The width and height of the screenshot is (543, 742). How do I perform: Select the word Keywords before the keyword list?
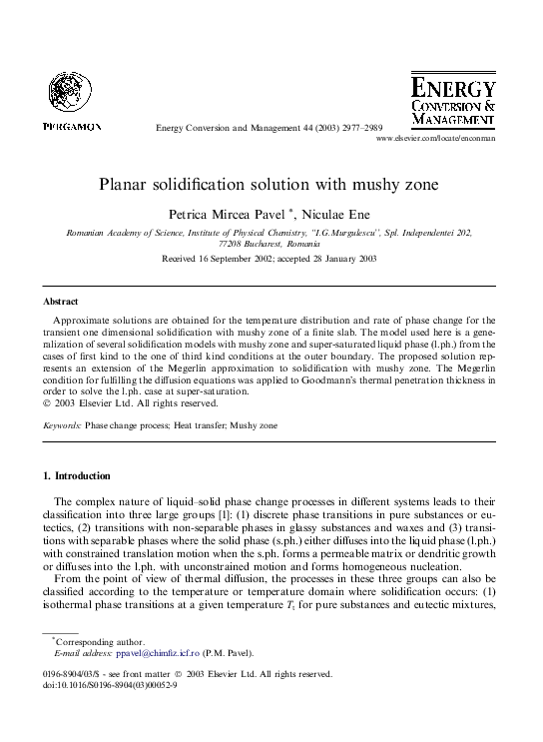[x=61, y=425]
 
